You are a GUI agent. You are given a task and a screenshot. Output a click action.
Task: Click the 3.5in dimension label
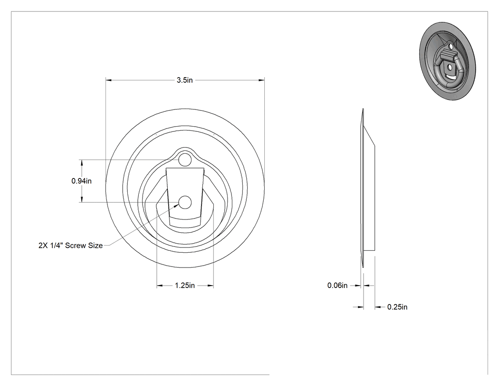coord(185,80)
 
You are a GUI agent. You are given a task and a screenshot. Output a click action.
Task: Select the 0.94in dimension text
coord(81,181)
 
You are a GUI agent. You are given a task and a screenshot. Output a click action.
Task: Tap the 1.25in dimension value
coord(185,286)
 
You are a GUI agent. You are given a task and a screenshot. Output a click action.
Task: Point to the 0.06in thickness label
coord(337,285)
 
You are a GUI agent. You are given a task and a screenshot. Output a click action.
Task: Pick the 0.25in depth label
coord(397,307)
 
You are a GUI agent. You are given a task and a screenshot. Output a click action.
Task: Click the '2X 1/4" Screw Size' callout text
coord(71,246)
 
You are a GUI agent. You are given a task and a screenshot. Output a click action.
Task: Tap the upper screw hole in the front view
coord(185,159)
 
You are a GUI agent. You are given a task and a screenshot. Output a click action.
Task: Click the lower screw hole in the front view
coord(185,202)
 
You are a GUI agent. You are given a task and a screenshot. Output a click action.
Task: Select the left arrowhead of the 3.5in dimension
coord(109,80)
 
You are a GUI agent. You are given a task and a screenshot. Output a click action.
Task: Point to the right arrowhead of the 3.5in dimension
coord(261,80)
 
